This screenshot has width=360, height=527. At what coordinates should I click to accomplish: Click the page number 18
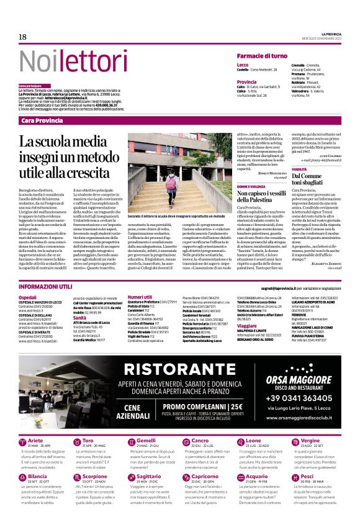tap(22, 38)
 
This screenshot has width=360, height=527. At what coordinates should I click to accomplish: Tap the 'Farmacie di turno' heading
tap(261, 56)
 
